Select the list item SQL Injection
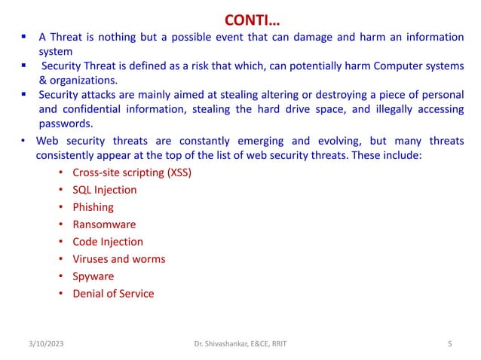[104, 190]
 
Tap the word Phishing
[93, 207]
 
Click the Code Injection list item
[107, 242]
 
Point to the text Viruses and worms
[118, 259]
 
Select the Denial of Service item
[112, 294]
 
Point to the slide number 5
[449, 344]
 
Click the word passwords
[66, 124]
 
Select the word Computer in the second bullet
[393, 66]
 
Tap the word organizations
[84, 81]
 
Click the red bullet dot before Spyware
[60, 277]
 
